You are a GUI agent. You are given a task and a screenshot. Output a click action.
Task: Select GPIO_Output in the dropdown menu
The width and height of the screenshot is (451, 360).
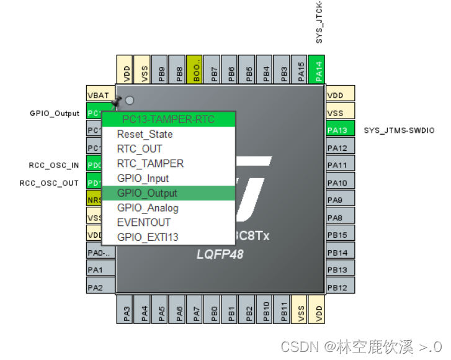coord(147,193)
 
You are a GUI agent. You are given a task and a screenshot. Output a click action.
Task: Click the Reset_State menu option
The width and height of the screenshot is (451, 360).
coord(145,134)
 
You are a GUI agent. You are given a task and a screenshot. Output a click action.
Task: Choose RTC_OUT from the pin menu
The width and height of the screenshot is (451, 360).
coord(140,149)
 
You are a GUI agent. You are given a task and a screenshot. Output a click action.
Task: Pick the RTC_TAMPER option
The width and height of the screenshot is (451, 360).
coord(150,164)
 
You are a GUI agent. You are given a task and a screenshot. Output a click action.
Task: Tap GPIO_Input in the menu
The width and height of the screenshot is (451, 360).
coord(143,179)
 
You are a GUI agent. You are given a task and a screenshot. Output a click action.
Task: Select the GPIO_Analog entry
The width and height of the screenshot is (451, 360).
coord(148,208)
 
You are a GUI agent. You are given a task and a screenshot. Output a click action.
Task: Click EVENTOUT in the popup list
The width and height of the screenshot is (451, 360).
coord(143,222)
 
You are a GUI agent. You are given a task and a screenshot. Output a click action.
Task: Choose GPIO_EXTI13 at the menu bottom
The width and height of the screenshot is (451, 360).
coord(148,237)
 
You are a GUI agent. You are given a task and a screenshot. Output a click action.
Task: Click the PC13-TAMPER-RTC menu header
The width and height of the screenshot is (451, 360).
coord(168,119)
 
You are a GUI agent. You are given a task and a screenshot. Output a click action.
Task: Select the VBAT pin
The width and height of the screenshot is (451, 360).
coord(99,96)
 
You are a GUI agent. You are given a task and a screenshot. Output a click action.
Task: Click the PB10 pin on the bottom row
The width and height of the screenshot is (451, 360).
coord(266,309)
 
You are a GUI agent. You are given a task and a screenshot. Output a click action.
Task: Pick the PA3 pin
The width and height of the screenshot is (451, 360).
coord(127,309)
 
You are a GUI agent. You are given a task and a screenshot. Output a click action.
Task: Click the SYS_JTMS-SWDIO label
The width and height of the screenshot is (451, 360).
coord(399,130)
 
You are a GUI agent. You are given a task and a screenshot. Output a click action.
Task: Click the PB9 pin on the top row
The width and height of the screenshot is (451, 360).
coord(161,70)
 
